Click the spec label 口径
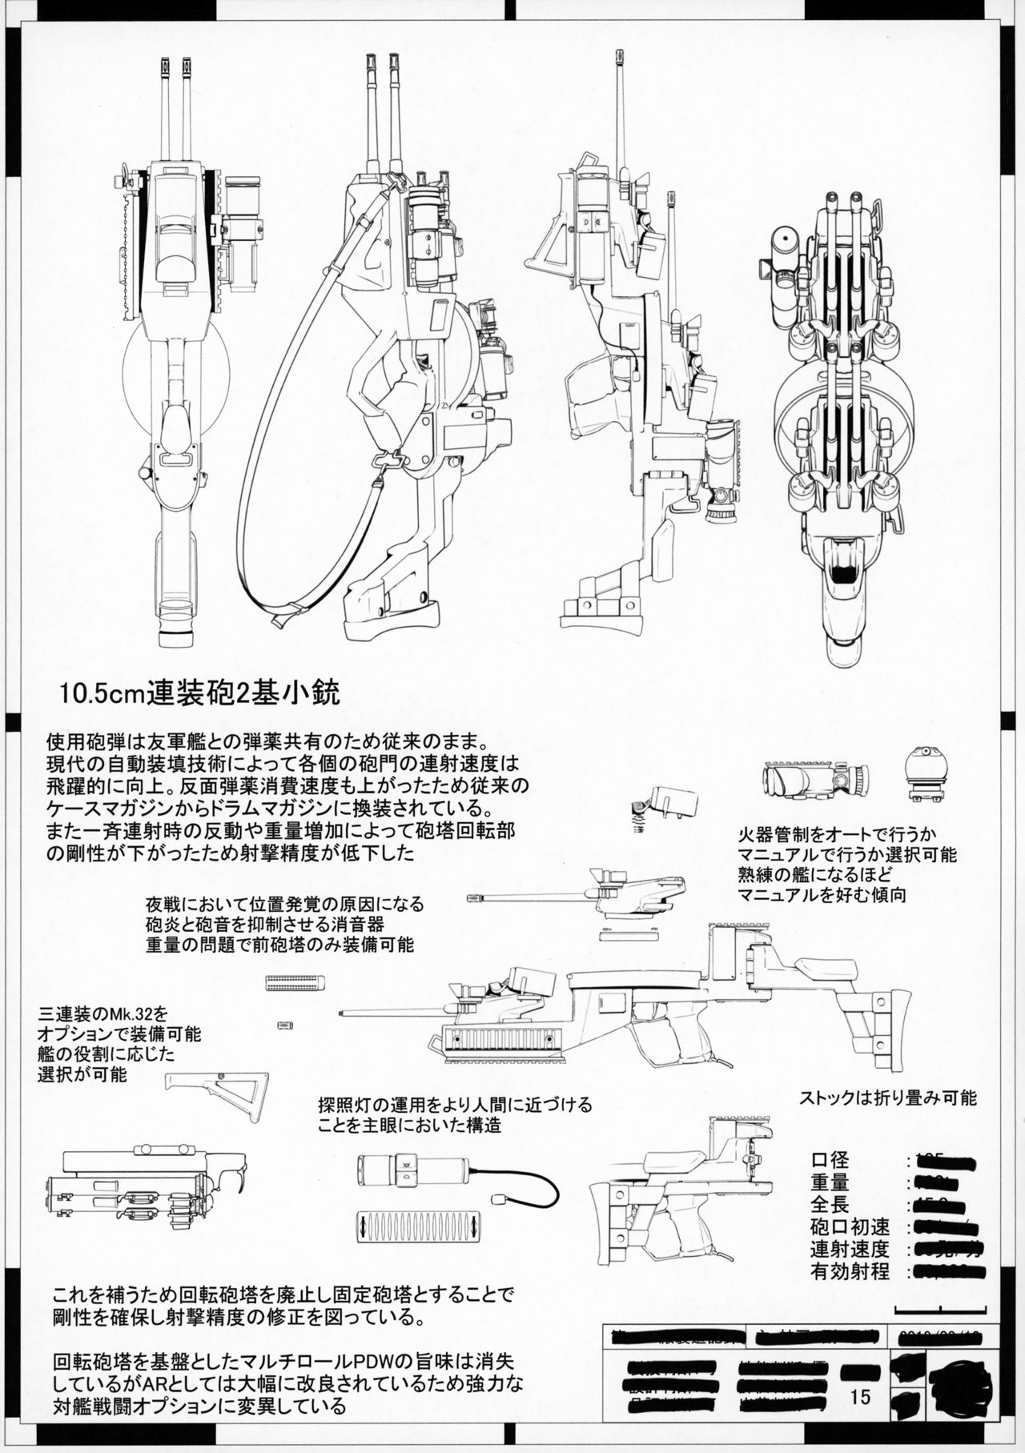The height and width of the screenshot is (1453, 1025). [830, 1159]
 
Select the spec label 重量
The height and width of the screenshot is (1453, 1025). [830, 1182]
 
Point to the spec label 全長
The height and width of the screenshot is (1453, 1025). [830, 1204]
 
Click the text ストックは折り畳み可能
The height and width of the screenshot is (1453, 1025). [887, 1098]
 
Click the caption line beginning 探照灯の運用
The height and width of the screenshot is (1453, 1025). [455, 1106]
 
